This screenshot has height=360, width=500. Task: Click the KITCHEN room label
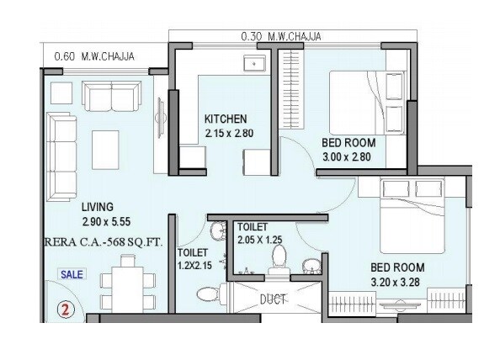(225, 119)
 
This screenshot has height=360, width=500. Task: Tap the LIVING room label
(98, 206)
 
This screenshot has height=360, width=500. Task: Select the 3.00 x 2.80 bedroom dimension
(348, 156)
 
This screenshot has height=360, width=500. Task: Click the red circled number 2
(62, 308)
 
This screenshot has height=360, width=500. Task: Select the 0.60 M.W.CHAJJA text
(92, 56)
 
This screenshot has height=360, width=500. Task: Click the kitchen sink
(253, 65)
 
